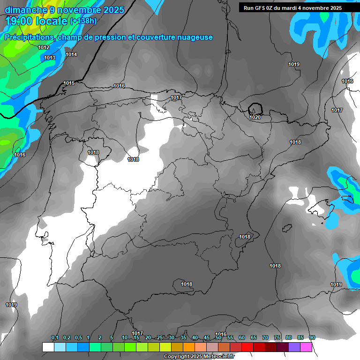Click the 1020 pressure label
pos(255,117)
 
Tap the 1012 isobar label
pos(44,48)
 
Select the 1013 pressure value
pos(50,58)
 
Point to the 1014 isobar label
pos(71,55)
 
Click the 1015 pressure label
pos(69,83)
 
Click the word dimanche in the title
pos(26,10)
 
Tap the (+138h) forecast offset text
pos(83,21)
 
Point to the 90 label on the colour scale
pos(312,338)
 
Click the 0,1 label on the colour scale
pos(55,338)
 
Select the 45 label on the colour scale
pos(207,338)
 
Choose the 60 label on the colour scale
pos(242,338)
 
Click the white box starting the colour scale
pos(48,347)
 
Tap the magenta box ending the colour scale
pos(306,347)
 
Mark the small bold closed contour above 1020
pos(255,108)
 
